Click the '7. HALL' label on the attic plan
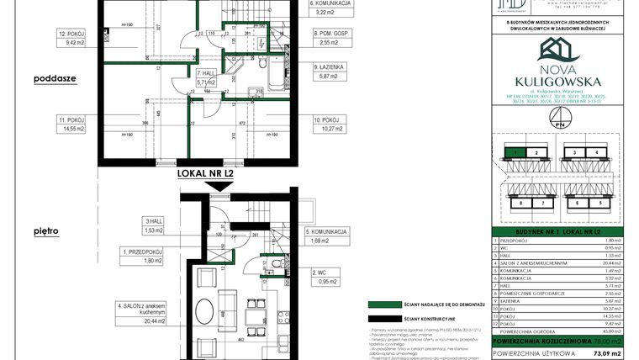coord(206,77)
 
